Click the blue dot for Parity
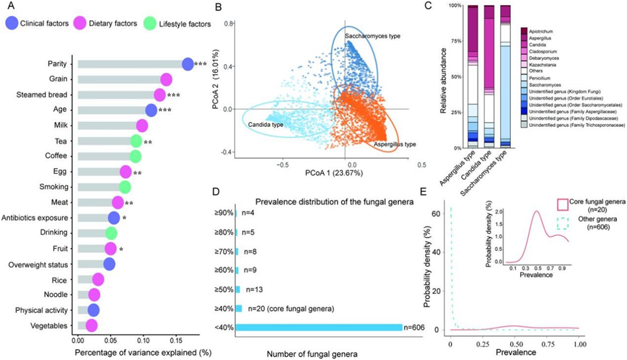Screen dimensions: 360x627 point(188,63)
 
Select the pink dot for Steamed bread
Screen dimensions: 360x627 point(160,95)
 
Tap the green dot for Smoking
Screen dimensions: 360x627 point(125,187)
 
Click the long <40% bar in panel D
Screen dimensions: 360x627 point(318,328)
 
